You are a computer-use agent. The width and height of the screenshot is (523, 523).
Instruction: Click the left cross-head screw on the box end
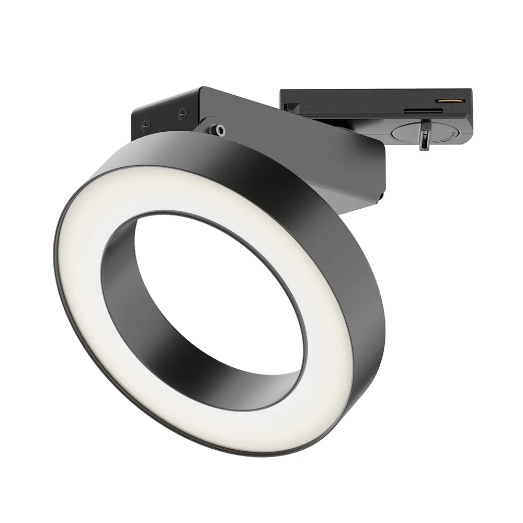coord(146,125)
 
